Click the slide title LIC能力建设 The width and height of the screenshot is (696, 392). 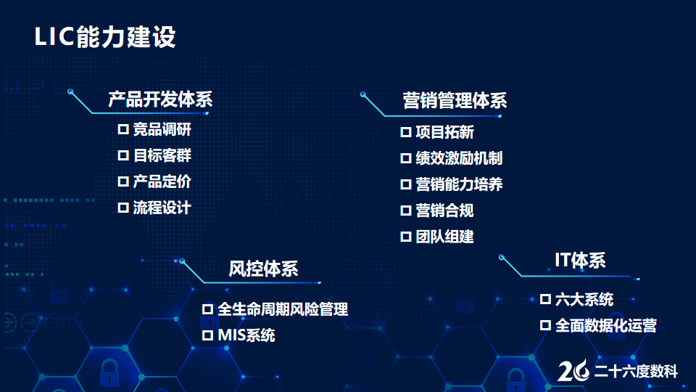[105, 36]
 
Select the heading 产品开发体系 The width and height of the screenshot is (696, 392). [161, 99]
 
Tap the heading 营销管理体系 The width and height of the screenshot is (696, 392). [455, 101]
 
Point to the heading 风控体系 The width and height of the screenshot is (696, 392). [263, 269]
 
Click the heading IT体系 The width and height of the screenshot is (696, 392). [580, 261]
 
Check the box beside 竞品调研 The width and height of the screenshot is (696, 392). [123, 129]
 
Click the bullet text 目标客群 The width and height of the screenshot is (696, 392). [162, 155]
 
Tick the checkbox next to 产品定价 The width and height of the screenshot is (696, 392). [123, 181]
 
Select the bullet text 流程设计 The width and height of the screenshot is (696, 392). [162, 208]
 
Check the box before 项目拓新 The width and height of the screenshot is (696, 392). [406, 132]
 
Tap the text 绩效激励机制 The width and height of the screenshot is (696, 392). [459, 158]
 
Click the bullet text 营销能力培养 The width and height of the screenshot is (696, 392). [459, 184]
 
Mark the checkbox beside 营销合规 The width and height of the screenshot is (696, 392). [406, 211]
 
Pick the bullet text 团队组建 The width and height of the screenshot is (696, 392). [444, 237]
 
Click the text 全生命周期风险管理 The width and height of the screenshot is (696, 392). [283, 309]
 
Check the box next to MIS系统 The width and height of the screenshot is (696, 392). [208, 335]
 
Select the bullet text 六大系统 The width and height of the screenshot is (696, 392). [584, 300]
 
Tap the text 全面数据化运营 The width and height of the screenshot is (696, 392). [606, 326]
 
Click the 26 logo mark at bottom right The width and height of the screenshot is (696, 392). [573, 370]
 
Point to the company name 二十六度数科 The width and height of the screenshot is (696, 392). [636, 372]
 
